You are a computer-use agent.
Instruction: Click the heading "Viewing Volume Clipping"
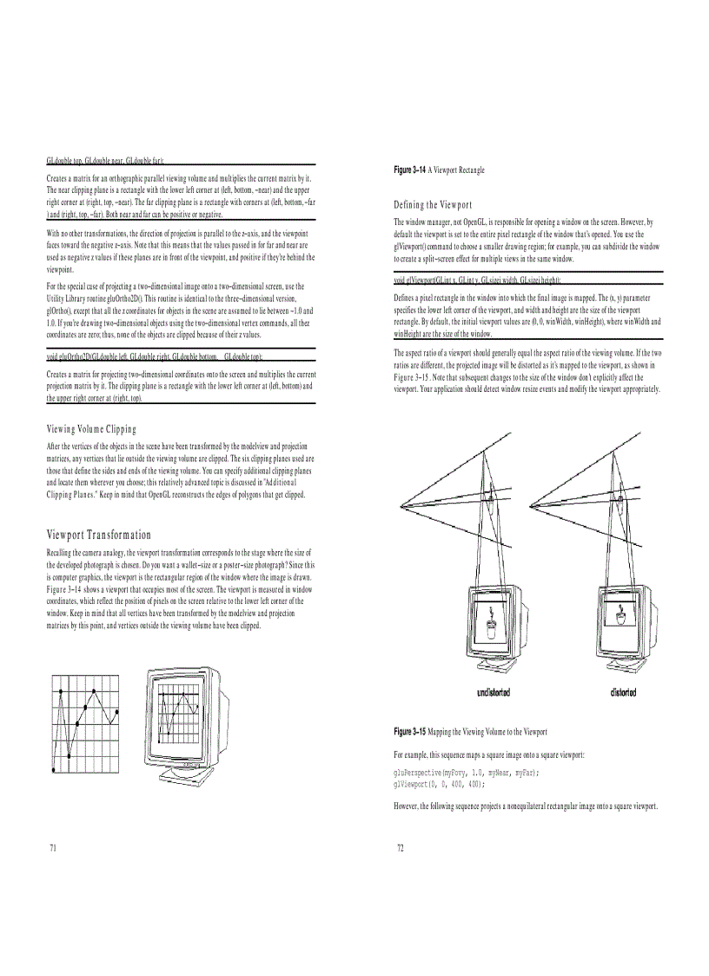coord(91,429)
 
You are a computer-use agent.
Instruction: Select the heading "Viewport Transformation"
coord(98,534)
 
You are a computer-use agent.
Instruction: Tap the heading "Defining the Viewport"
coord(433,205)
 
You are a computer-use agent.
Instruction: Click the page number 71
coord(53,847)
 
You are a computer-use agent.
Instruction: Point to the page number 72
coord(401,847)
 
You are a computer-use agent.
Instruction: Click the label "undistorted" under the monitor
coord(494,692)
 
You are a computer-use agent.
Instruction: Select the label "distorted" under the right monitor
coord(622,692)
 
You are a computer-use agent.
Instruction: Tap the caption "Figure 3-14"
coord(410,169)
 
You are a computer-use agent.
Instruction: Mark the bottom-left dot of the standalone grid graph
coord(56,768)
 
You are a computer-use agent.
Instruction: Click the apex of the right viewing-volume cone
coord(529,507)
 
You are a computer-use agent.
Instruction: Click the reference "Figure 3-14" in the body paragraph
coord(67,588)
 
